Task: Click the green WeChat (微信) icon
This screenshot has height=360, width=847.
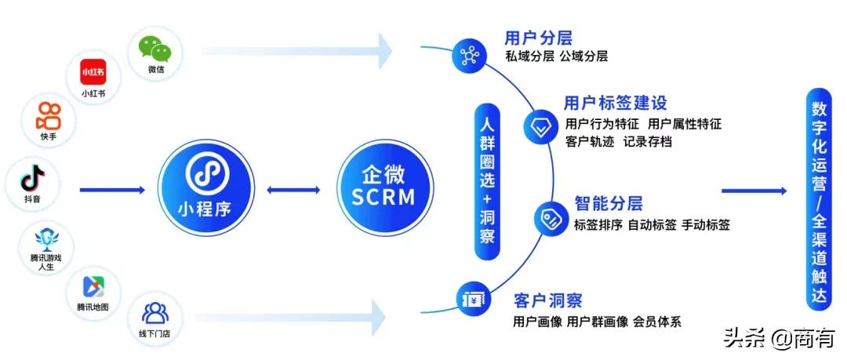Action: coord(155,50)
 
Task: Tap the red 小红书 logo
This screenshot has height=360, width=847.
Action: coord(93,74)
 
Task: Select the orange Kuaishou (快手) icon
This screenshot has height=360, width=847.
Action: coord(49,117)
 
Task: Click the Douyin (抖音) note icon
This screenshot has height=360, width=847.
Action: coord(31,179)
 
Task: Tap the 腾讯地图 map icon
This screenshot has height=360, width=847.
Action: coord(93,287)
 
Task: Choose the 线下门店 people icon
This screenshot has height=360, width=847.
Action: coord(154,314)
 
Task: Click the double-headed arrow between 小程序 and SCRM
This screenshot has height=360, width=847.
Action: coord(294,190)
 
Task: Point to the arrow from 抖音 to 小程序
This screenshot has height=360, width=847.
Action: coord(113,190)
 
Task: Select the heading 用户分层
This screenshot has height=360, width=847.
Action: coord(538,37)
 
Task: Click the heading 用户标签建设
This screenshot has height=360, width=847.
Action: coord(615,103)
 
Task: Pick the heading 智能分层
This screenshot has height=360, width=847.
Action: coord(609,204)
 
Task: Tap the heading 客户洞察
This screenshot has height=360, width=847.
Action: coord(548,300)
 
